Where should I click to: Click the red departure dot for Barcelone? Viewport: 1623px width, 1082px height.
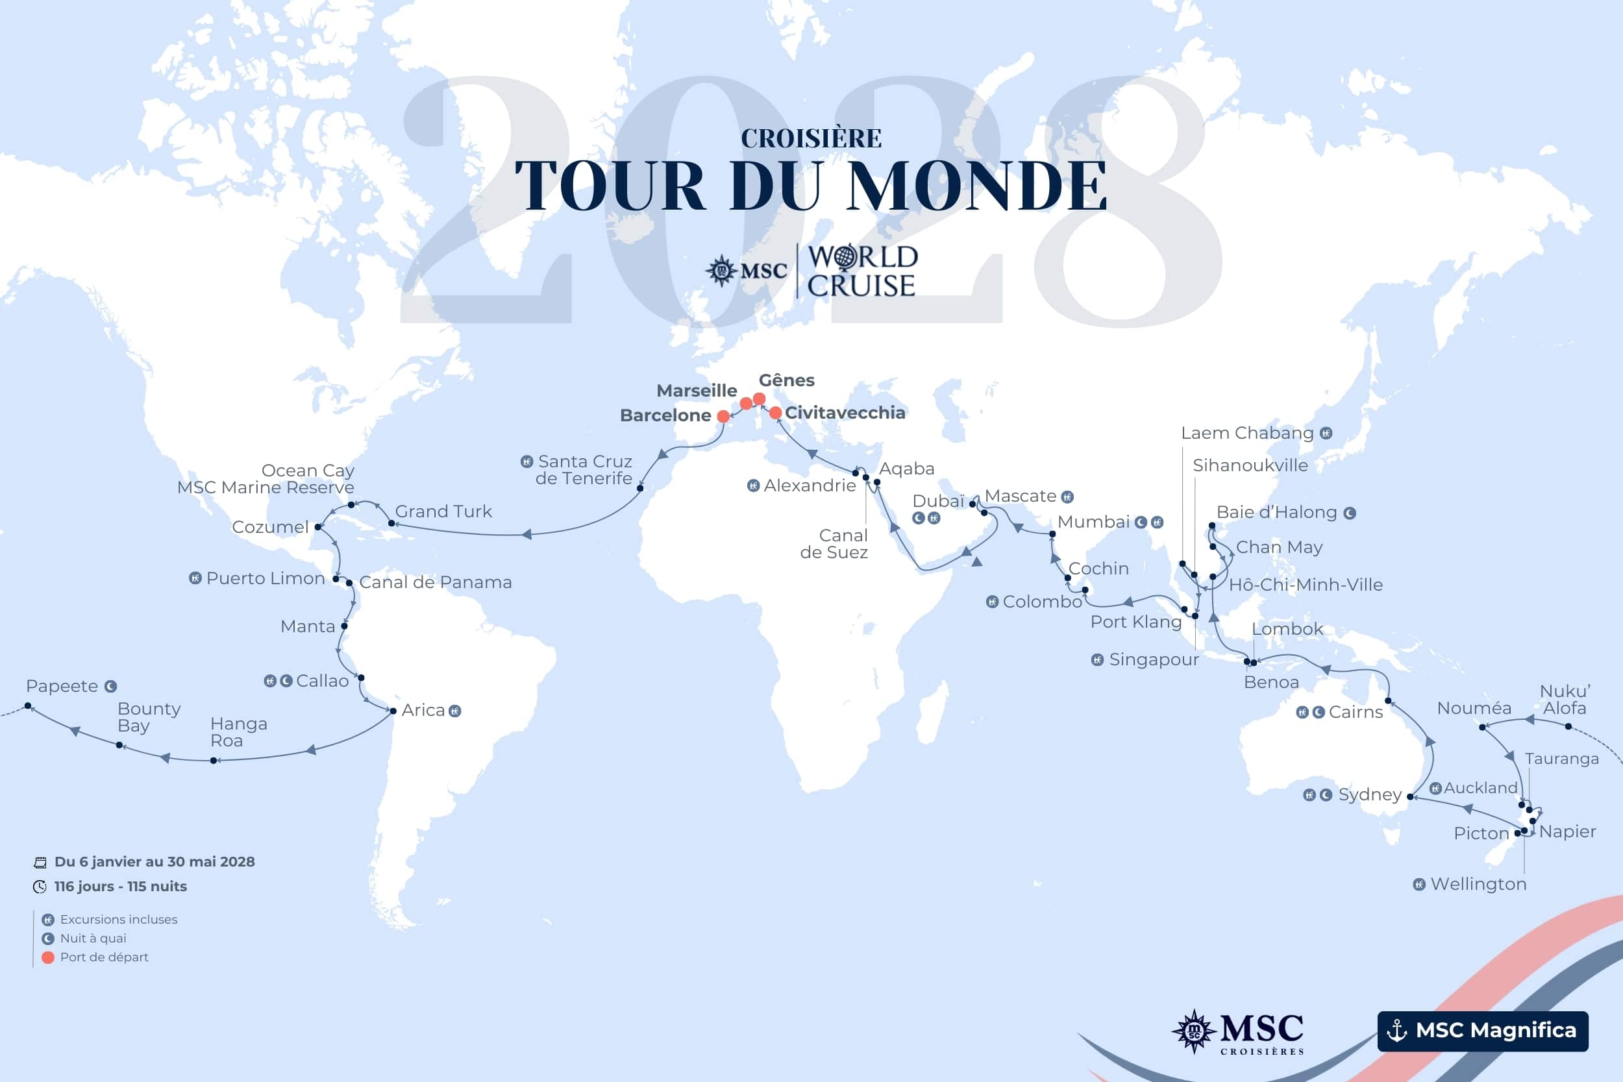coord(723,416)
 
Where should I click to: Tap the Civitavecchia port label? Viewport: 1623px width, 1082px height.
coord(845,413)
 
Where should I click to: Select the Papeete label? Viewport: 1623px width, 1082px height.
coord(62,686)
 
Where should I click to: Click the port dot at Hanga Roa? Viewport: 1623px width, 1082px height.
coord(214,761)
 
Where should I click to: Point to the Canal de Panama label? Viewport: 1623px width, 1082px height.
coord(436,582)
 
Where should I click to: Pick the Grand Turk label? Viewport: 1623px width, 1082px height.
coord(443,511)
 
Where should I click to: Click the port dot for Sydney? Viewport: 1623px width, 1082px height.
coord(1410,797)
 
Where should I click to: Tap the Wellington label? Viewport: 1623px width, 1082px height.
coord(1478,884)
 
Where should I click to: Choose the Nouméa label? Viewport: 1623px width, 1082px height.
coord(1474,708)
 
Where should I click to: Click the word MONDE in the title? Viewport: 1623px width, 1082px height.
coord(977,186)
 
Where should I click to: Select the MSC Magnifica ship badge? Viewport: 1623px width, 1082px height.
coord(1482,1031)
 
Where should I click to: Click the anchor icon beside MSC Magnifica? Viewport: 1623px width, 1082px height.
coord(1396,1031)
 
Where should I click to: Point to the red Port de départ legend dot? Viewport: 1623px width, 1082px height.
coord(47,957)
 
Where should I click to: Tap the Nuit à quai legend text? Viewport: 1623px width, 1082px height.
coord(93,939)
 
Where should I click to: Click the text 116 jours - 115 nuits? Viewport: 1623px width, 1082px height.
coord(120,886)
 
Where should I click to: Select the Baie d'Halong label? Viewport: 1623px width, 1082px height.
coord(1276,512)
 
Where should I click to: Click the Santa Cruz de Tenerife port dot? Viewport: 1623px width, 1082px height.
coord(639,488)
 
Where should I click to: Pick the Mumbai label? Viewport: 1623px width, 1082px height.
coord(1094,522)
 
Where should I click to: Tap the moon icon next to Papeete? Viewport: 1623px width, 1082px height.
coord(110,687)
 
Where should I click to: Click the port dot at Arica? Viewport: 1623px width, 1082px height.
coord(393,711)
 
